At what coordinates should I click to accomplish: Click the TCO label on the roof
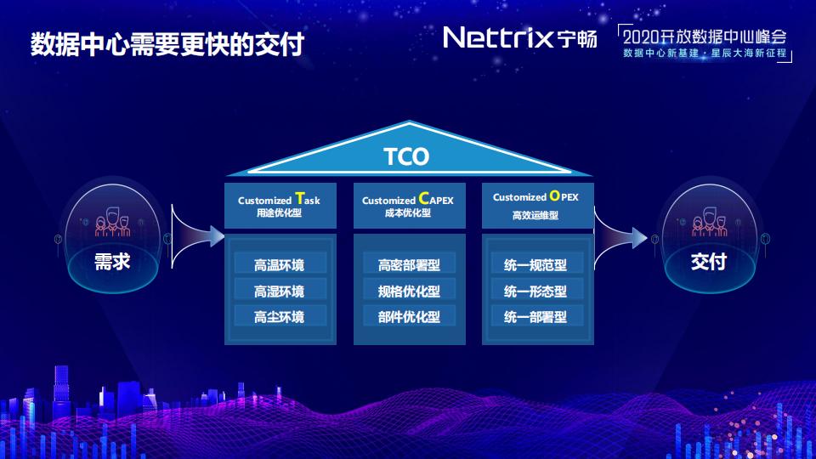pyautogui.click(x=406, y=157)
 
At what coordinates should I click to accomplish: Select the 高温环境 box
pyautogui.click(x=279, y=264)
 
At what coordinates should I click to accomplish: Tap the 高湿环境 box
pyautogui.click(x=279, y=291)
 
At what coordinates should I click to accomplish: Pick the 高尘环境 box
pyautogui.click(x=279, y=317)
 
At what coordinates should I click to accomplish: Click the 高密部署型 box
pyautogui.click(x=409, y=264)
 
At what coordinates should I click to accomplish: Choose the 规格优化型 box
pyautogui.click(x=409, y=291)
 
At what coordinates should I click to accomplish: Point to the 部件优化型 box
pyautogui.click(x=409, y=317)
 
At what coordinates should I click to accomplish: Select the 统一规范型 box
pyautogui.click(x=535, y=264)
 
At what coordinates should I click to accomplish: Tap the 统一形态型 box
pyautogui.click(x=535, y=291)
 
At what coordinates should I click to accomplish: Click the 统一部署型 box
pyautogui.click(x=535, y=317)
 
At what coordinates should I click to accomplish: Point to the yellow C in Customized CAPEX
pyautogui.click(x=424, y=199)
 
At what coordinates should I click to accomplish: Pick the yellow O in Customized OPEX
pyautogui.click(x=554, y=195)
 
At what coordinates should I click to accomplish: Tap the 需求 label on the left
pyautogui.click(x=111, y=262)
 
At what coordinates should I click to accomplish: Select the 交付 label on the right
pyautogui.click(x=708, y=262)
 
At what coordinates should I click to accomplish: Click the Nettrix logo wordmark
pyautogui.click(x=499, y=37)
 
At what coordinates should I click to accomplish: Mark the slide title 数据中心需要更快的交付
pyautogui.click(x=167, y=44)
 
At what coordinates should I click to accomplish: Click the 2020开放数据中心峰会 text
pyautogui.click(x=705, y=37)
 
